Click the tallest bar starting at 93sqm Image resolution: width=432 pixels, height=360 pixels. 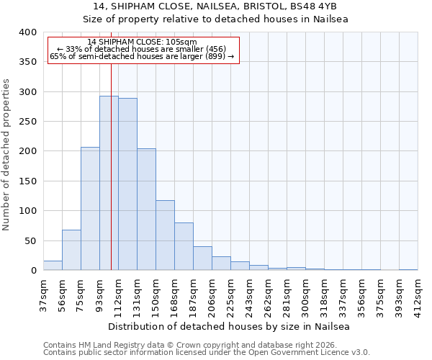pyautogui.click(x=109, y=183)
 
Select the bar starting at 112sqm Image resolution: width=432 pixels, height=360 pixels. pyautogui.click(x=127, y=184)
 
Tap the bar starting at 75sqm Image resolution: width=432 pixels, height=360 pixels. pyautogui.click(x=90, y=209)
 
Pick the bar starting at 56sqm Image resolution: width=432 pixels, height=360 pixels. pyautogui.click(x=71, y=250)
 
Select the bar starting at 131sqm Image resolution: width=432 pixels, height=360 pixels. pyautogui.click(x=146, y=210)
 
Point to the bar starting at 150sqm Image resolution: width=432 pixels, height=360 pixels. pyautogui.click(x=165, y=235)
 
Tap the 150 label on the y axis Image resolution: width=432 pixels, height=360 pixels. pyautogui.click(x=27, y=181)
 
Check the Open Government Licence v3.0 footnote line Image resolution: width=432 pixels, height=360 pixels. pyautogui.click(x=207, y=352)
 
